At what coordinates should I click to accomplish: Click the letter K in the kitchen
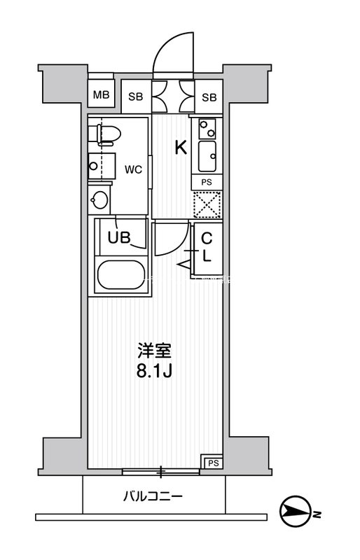179,148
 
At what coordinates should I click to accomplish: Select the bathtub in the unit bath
120,275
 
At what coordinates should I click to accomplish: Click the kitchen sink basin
208,155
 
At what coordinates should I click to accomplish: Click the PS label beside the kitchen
207,182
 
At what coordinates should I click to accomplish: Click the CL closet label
207,246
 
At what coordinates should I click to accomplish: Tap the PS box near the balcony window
211,461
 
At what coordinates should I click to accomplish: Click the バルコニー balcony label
153,496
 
